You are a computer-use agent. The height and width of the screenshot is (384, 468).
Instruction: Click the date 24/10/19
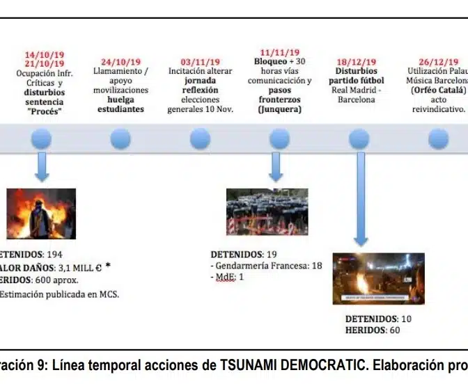(x=120, y=62)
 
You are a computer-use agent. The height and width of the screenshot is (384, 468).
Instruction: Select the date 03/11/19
(x=200, y=62)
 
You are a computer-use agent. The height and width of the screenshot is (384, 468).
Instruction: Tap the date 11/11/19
(x=279, y=52)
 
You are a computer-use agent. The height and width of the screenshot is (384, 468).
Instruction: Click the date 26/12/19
(x=439, y=62)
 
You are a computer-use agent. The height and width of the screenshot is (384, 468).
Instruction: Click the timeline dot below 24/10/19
(x=120, y=139)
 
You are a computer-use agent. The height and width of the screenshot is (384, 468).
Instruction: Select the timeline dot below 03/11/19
(x=200, y=139)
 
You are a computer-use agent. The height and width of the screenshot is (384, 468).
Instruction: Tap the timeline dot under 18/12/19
(x=359, y=139)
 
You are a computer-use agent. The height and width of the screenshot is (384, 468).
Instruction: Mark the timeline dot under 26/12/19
(x=439, y=139)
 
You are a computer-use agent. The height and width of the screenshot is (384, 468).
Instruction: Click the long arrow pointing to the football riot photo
(x=360, y=198)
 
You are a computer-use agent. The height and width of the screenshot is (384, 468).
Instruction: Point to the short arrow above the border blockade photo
(x=276, y=166)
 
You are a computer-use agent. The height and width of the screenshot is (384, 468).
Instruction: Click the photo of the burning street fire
(x=41, y=214)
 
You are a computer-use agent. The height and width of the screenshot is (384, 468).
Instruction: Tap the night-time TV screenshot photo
(x=378, y=278)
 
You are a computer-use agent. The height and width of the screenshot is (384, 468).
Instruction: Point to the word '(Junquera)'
(x=279, y=109)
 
